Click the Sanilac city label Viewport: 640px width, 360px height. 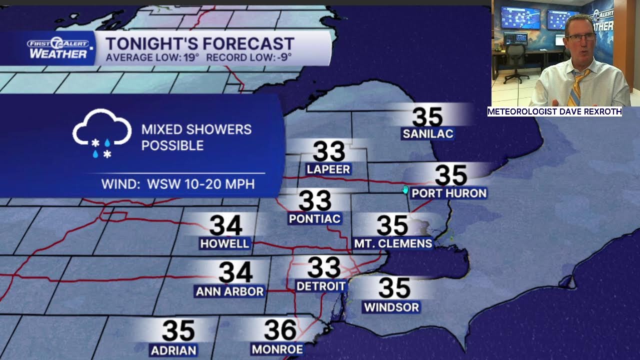point(427,133)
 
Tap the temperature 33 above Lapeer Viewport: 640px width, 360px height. point(328,151)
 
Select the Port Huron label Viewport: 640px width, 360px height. point(449,193)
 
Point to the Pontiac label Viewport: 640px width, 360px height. point(314,218)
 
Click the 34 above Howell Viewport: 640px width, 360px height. point(225,225)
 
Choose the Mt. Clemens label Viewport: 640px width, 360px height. point(393,243)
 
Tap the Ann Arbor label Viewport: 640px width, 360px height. point(229,291)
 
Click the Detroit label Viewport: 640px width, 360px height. point(321,286)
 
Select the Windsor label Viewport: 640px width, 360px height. point(391,307)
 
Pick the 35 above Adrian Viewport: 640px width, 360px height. point(178,331)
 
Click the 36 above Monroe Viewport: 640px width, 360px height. point(280,330)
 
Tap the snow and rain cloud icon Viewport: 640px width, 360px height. point(102,133)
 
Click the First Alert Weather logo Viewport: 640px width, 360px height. point(58,48)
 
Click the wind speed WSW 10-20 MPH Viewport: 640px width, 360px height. point(200,184)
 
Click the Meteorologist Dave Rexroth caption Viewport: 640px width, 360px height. point(554,111)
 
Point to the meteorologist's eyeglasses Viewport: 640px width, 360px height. point(580,37)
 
